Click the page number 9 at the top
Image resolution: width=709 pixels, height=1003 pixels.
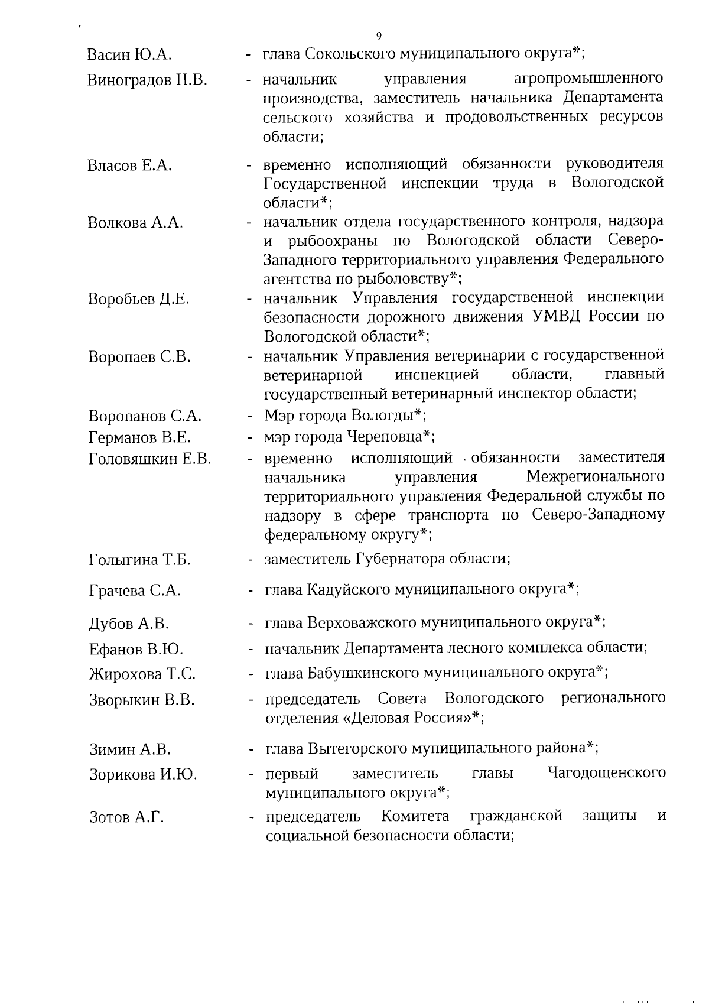(x=379, y=35)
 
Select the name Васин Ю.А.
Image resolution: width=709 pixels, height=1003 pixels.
(x=129, y=56)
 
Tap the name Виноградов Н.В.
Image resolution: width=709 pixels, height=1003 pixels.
(x=147, y=80)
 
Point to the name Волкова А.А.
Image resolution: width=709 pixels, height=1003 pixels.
(x=135, y=223)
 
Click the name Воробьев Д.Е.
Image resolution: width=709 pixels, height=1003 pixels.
(x=139, y=299)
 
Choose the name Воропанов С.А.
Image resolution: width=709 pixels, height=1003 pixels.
(x=145, y=416)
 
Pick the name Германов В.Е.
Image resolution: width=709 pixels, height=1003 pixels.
(x=139, y=438)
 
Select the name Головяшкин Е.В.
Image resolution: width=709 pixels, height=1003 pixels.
(x=149, y=459)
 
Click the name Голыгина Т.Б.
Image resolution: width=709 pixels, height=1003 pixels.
(x=139, y=560)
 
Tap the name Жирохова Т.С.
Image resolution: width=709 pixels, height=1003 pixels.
(x=142, y=674)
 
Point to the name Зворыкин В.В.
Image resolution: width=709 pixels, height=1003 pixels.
(x=142, y=701)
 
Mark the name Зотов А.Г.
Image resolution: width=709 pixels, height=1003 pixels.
(x=126, y=818)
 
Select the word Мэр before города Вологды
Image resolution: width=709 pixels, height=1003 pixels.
(x=280, y=416)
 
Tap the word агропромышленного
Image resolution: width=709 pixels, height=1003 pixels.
(x=588, y=79)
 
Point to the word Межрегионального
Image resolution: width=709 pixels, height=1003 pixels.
(x=595, y=476)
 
